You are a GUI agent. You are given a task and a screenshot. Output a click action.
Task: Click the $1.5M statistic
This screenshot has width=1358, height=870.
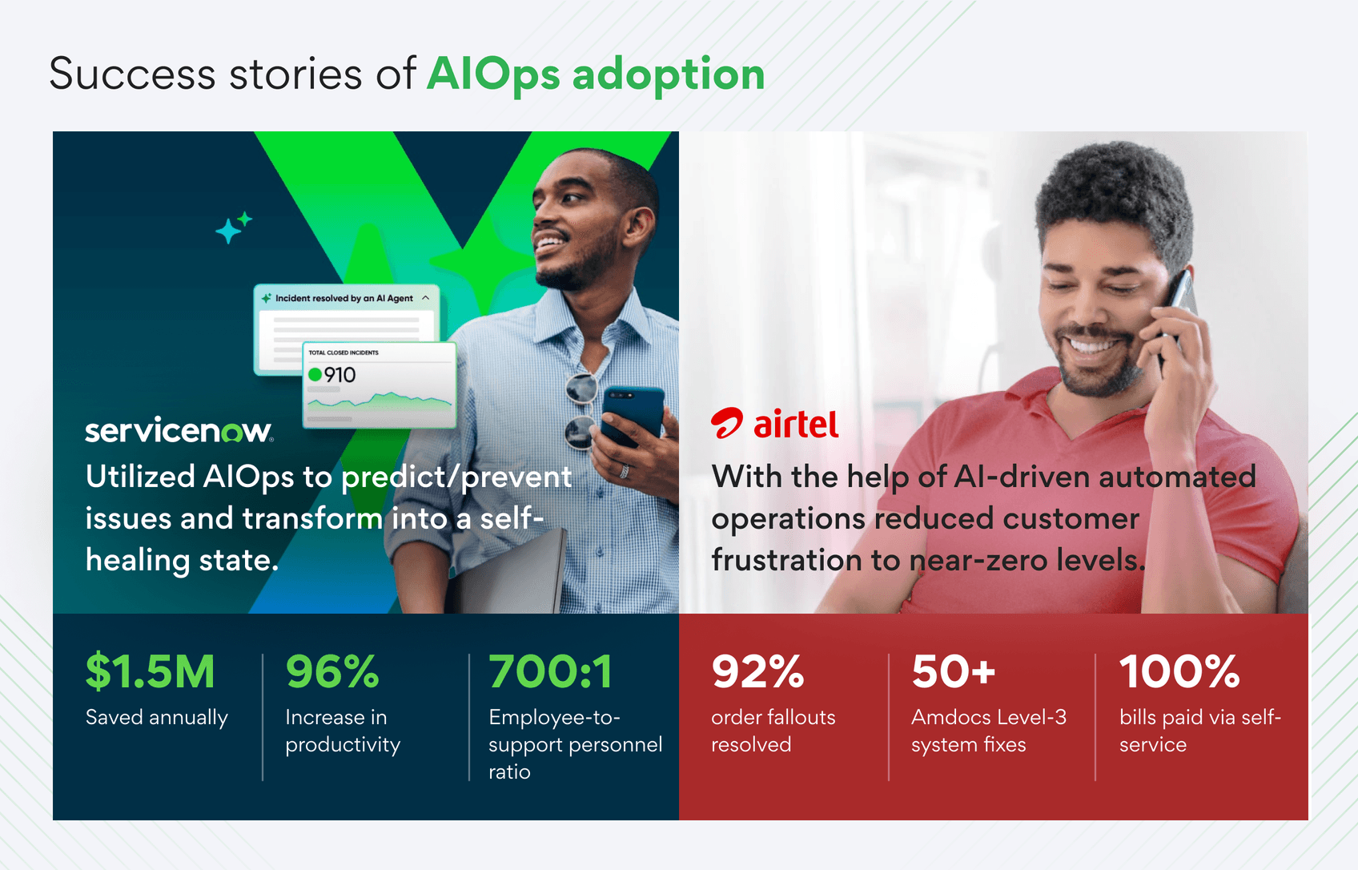click(151, 671)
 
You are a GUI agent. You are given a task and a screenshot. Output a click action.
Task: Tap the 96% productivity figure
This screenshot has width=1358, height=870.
click(332, 671)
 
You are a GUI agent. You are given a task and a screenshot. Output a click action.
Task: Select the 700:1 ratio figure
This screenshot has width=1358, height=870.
click(551, 671)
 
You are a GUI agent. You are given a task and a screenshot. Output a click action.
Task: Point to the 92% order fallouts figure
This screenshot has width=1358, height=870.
click(757, 671)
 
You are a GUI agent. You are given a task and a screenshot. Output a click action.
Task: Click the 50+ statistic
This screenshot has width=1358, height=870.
click(954, 671)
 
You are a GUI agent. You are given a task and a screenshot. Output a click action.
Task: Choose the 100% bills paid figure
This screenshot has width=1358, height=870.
click(1179, 671)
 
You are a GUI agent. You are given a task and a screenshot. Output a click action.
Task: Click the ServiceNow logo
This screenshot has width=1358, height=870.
click(179, 430)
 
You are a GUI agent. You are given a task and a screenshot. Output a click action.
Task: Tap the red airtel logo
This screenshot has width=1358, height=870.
click(775, 424)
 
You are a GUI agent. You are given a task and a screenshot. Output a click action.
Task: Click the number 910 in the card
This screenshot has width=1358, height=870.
click(339, 375)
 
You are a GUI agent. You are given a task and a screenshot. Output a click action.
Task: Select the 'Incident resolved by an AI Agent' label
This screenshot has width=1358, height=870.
click(344, 298)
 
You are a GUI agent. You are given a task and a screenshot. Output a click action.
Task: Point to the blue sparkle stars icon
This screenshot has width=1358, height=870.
click(233, 228)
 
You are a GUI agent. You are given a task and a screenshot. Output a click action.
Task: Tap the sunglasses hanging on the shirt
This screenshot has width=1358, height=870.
click(581, 409)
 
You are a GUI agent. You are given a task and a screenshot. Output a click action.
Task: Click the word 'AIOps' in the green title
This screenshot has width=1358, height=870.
click(493, 75)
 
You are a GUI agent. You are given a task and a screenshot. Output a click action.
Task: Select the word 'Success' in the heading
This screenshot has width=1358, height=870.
click(132, 75)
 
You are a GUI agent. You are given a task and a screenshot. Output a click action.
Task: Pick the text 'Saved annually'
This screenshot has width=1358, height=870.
click(157, 717)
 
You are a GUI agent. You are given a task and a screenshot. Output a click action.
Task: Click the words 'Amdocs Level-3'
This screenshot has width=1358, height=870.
click(989, 717)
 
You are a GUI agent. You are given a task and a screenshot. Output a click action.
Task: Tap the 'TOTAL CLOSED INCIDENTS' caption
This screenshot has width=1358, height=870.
click(344, 352)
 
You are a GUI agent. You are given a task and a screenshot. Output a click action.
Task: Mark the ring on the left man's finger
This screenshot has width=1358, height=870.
click(625, 471)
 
